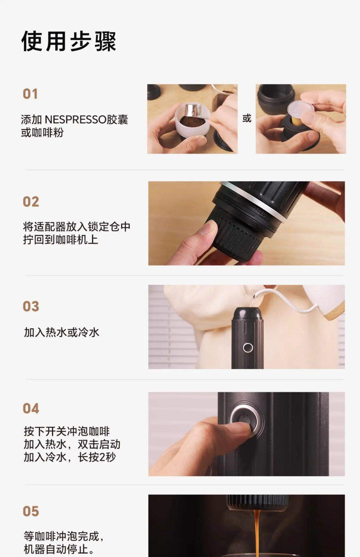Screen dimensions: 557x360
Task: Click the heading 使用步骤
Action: [69, 41]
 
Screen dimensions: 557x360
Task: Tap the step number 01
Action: [30, 94]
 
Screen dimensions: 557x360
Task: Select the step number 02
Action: [31, 202]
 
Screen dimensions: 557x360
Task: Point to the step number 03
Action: [31, 306]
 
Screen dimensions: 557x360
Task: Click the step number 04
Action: [31, 408]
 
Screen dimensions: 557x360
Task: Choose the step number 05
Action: [31, 511]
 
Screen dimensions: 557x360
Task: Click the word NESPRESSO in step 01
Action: [76, 119]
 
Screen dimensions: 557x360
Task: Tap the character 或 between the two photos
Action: [247, 118]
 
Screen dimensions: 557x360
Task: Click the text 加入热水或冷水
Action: [62, 332]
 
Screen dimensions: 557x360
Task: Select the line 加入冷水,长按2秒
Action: [70, 457]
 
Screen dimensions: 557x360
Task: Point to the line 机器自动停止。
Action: [59, 549]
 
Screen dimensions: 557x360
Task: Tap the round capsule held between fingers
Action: [301, 109]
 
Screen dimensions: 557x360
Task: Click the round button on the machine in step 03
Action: [248, 348]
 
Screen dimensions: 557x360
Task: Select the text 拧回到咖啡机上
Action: [60, 240]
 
